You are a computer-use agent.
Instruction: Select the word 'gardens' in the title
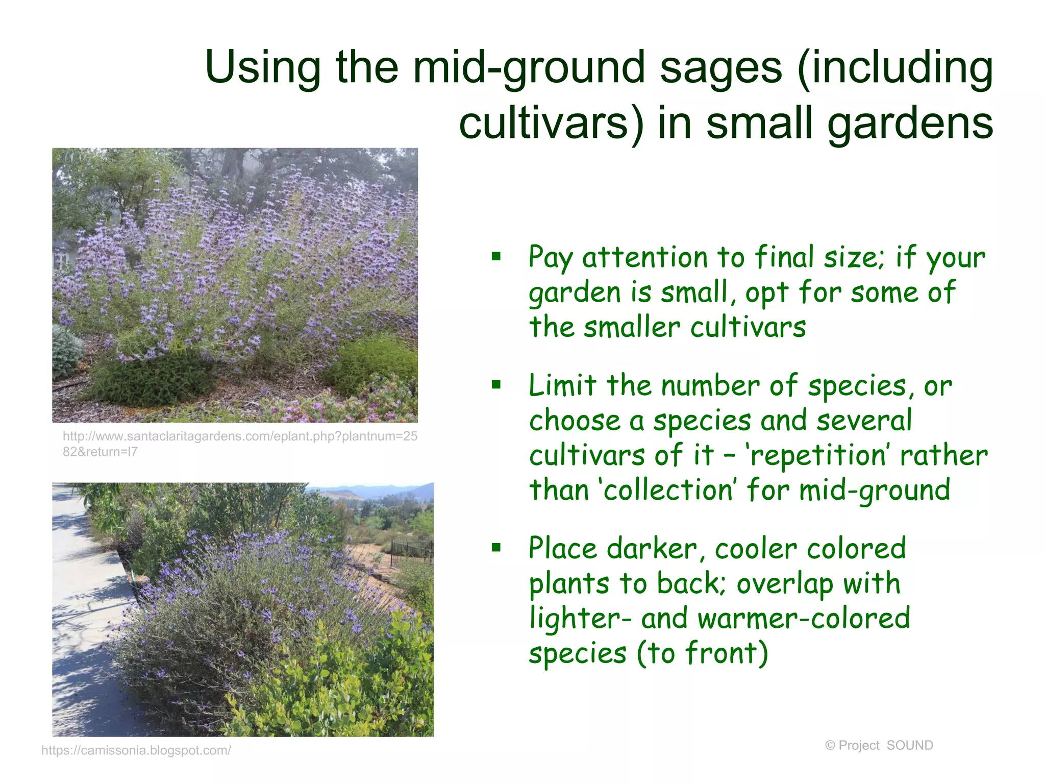910,124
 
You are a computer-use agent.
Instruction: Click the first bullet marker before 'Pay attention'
496,257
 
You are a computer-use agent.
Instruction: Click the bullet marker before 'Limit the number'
496,385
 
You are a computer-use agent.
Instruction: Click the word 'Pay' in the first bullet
551,258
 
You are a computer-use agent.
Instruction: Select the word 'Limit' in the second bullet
562,385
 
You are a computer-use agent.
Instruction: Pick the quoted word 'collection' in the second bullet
668,490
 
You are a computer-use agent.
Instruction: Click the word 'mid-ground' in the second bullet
874,491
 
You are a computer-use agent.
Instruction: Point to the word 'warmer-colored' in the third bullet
804,619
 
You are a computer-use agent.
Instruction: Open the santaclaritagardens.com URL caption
240,443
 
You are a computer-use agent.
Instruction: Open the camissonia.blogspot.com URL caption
136,750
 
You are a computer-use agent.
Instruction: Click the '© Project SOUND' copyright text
879,745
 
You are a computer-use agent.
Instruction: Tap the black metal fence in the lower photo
411,550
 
